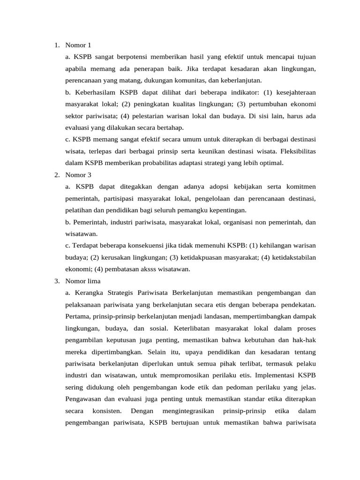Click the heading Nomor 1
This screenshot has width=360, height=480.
point(78,45)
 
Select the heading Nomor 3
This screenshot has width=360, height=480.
point(78,175)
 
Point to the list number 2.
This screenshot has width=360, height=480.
point(56,175)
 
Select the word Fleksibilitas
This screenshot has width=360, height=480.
point(296,151)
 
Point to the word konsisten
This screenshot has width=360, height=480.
point(107,411)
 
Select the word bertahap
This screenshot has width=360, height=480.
point(166,127)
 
